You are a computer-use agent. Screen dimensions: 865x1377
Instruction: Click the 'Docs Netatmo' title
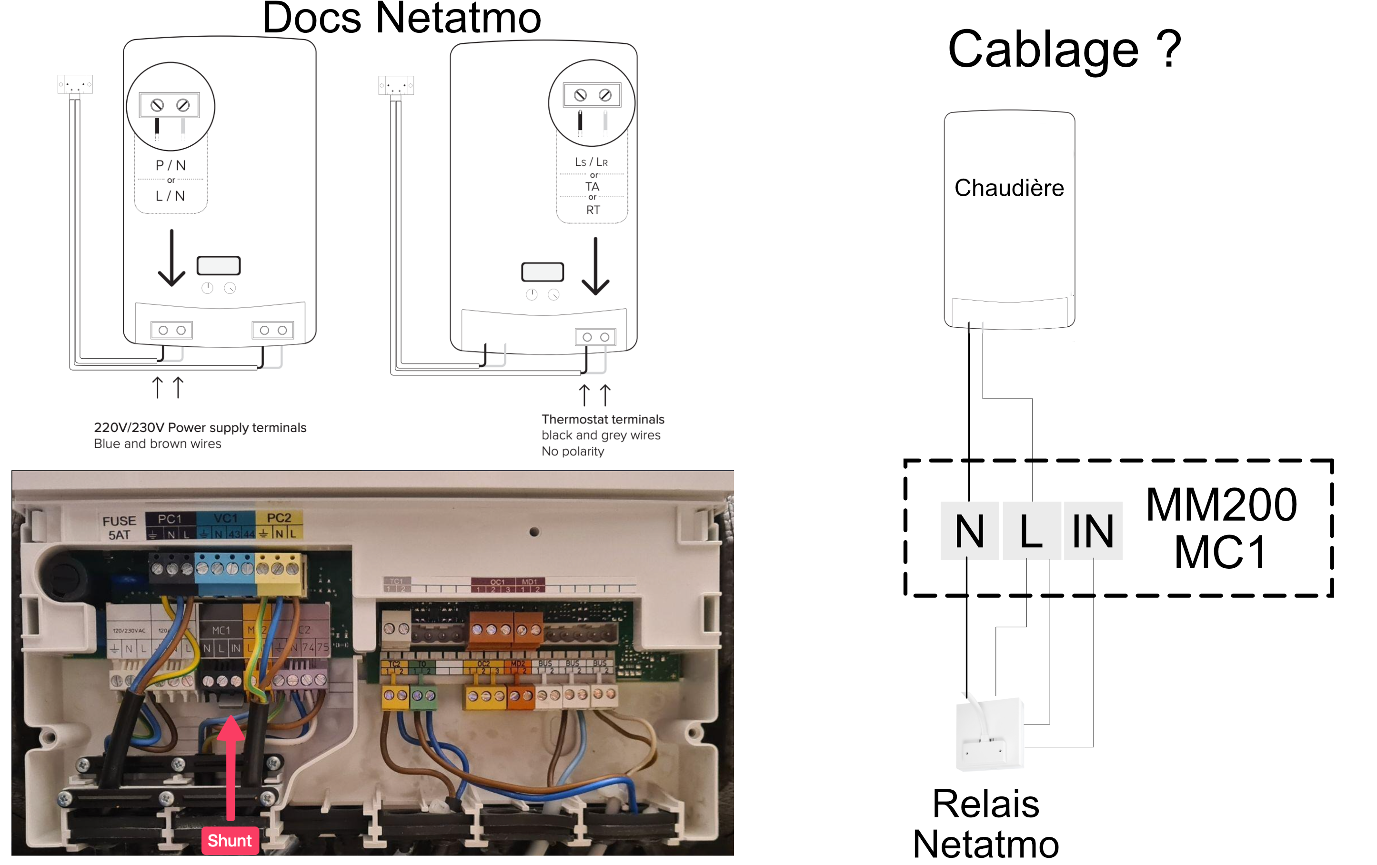pyautogui.click(x=402, y=18)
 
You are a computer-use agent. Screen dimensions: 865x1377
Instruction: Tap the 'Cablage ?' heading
pyautogui.click(x=1064, y=50)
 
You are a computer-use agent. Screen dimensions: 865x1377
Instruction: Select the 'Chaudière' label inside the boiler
pyautogui.click(x=1009, y=188)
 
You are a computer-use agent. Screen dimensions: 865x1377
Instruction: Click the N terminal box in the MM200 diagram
pyautogui.click(x=969, y=531)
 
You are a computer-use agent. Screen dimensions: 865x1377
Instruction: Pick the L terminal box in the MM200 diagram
pyautogui.click(x=1032, y=531)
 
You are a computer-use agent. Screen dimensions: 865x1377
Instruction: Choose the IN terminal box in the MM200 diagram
pyautogui.click(x=1093, y=531)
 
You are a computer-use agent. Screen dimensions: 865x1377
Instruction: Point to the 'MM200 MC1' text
pyautogui.click(x=1221, y=529)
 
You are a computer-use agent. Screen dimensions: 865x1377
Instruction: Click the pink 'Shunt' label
pyautogui.click(x=229, y=840)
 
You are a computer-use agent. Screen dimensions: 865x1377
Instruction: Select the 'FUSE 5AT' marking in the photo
pyautogui.click(x=119, y=528)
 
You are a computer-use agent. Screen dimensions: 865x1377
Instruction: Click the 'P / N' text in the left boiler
pyautogui.click(x=171, y=166)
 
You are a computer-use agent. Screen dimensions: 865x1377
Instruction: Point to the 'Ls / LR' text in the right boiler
pyautogui.click(x=591, y=162)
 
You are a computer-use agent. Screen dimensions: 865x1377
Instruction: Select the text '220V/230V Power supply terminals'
pyautogui.click(x=200, y=428)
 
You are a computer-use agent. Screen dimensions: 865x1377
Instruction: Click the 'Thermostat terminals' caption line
pyautogui.click(x=603, y=420)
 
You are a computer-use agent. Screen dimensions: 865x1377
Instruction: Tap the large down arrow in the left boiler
pyautogui.click(x=171, y=259)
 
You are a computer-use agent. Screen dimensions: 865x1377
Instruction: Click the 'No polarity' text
pyautogui.click(x=573, y=452)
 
